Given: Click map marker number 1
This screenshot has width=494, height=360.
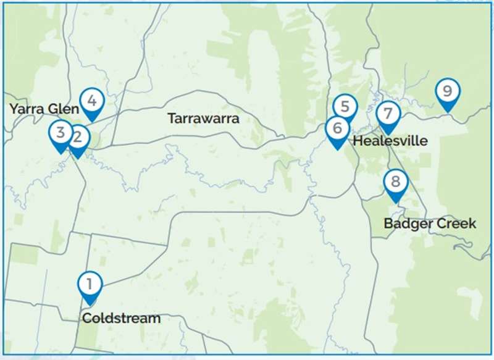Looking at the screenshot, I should pos(90,285).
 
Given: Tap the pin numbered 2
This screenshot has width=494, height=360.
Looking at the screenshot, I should pos(78,138).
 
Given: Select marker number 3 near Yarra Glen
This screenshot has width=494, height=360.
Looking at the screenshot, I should pos(61,132).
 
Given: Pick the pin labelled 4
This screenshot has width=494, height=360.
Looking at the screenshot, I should pos(92,100).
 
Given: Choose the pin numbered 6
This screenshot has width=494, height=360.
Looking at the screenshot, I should pos(337,128).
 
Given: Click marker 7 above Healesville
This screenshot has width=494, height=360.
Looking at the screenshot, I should pos(388,114).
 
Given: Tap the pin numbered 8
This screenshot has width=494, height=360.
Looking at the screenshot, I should pos(396,182).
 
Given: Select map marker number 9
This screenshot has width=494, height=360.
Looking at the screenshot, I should pos(446,92).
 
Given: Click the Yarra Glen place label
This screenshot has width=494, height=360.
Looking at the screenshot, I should pos(44,109).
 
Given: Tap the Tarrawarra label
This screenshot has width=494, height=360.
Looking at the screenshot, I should pos(203,119).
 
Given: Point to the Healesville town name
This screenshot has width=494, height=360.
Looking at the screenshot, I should pos(390,141).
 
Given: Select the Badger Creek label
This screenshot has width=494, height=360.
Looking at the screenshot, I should pos(430,224).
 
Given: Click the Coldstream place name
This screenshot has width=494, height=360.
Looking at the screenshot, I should pos(121,319).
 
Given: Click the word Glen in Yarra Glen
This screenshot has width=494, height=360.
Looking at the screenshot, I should pos(64,109).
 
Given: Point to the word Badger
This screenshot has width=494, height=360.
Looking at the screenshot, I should pos(406,224).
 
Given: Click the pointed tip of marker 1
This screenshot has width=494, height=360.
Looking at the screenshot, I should pos(90,306).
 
